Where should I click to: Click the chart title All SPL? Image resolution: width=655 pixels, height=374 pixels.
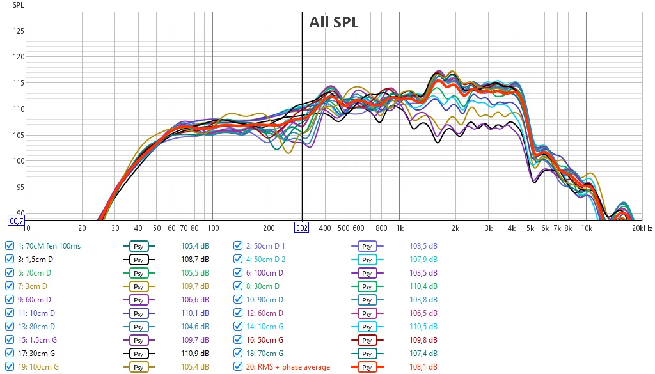click(x=333, y=22)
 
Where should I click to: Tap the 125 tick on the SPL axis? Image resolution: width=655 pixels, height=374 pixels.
click(x=19, y=31)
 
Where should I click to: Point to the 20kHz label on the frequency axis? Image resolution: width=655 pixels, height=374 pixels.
click(x=642, y=228)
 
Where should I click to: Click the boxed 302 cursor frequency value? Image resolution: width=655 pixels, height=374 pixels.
click(x=302, y=228)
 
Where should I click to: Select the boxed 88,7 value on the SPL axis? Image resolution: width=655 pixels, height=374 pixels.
click(x=16, y=221)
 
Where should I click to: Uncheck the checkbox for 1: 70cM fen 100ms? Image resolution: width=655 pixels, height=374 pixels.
click(x=9, y=246)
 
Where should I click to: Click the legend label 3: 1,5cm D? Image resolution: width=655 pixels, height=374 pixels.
click(x=35, y=259)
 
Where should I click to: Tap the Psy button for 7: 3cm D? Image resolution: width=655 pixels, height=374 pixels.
click(x=139, y=286)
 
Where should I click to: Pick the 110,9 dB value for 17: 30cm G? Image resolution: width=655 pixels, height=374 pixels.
click(x=195, y=353)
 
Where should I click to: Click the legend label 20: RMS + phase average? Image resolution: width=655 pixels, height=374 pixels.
click(x=288, y=367)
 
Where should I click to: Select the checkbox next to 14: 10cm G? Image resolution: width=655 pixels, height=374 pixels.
click(x=238, y=327)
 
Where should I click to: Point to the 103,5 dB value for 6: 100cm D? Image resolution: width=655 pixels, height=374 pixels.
click(x=423, y=272)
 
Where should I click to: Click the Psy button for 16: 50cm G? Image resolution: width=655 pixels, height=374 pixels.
click(x=367, y=340)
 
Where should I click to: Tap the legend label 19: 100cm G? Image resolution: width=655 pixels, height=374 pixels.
click(x=38, y=367)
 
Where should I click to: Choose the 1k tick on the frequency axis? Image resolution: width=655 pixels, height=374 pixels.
click(x=400, y=228)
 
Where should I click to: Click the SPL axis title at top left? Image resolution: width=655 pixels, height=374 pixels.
click(x=18, y=5)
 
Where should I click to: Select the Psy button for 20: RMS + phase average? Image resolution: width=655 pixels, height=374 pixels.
click(x=367, y=367)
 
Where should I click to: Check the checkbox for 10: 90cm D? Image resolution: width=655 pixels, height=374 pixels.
click(x=238, y=300)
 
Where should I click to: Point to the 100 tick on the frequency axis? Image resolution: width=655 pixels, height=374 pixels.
click(x=213, y=228)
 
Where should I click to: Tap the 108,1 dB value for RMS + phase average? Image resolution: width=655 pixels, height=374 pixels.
click(x=423, y=367)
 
